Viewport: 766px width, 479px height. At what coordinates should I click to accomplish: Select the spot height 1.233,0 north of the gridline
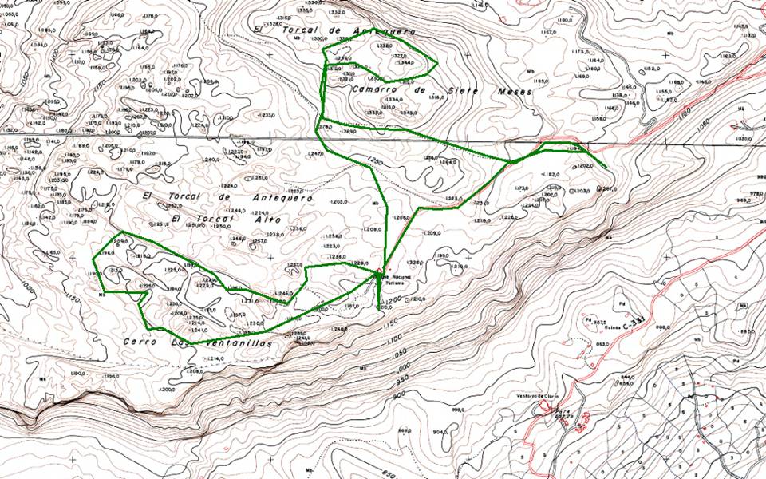coord(264,115)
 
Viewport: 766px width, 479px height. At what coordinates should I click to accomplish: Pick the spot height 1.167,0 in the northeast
coord(547,32)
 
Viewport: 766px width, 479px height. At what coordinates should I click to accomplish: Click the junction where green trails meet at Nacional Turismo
coord(377,275)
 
